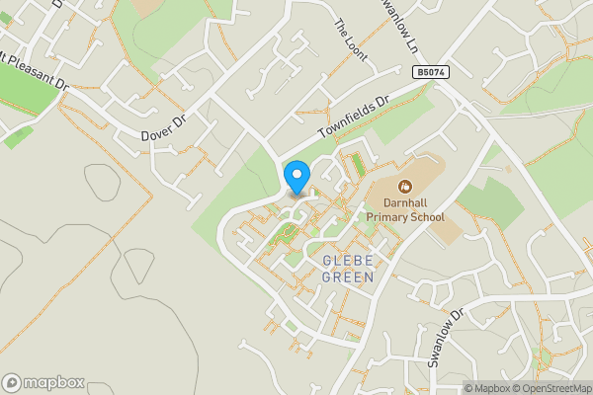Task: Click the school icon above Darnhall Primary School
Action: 404,186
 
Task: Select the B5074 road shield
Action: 430,73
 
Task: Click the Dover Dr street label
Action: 163,125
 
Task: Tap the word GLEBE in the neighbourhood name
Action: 349,261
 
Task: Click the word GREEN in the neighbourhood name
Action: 349,277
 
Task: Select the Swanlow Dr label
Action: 446,339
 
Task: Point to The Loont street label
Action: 350,40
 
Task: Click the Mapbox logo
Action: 43,382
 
